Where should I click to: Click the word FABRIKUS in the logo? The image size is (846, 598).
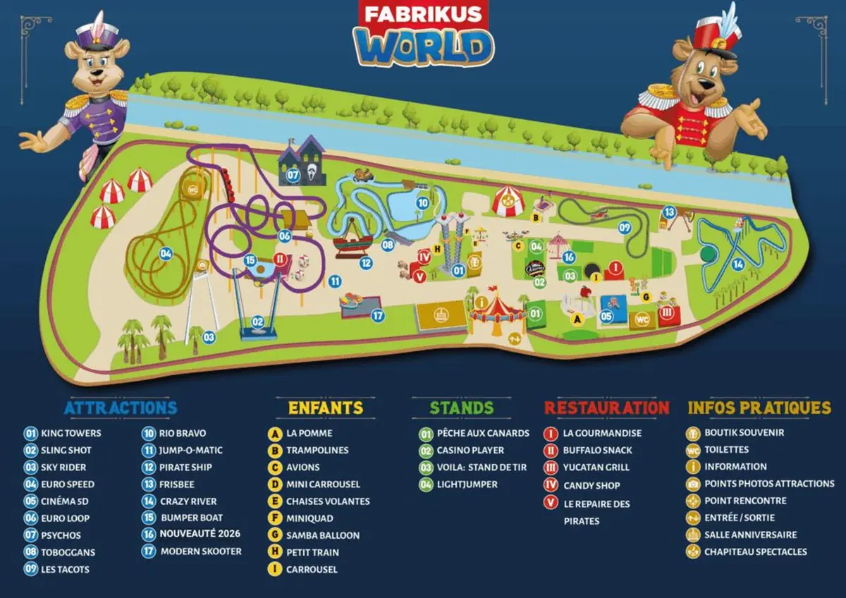click(x=423, y=13)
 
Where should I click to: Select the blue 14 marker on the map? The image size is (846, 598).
click(x=738, y=264)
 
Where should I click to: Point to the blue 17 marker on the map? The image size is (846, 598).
click(x=378, y=315)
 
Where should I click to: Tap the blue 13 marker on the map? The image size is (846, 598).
click(x=669, y=212)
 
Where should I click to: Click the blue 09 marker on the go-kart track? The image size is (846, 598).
click(x=625, y=228)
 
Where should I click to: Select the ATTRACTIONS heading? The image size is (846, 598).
click(x=121, y=408)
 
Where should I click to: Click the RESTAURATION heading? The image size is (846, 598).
click(x=606, y=408)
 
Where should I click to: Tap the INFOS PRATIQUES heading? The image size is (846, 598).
click(x=759, y=408)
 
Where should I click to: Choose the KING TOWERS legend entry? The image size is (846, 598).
click(x=70, y=433)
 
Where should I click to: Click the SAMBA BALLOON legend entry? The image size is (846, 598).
click(x=322, y=535)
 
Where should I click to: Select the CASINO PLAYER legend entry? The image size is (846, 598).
click(x=470, y=450)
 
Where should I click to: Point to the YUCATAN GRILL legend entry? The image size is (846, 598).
click(x=596, y=467)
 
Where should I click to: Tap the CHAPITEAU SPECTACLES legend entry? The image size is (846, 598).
click(x=755, y=552)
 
